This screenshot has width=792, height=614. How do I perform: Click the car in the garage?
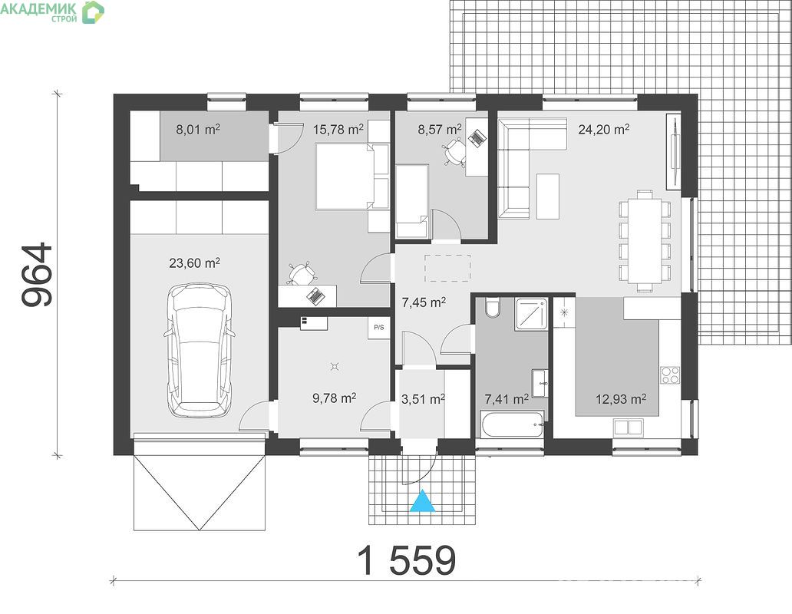[199, 351]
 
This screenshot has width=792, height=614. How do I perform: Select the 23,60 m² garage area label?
[194, 262]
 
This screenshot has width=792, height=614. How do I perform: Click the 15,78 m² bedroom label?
[338, 129]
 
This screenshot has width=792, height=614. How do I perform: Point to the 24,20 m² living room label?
[604, 129]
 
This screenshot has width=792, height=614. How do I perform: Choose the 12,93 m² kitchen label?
[621, 399]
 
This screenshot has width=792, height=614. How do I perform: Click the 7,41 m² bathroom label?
[507, 399]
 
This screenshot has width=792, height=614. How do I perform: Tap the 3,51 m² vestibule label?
[423, 399]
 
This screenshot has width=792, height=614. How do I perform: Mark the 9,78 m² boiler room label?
[335, 398]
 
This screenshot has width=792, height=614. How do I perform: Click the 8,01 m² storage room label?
[197, 129]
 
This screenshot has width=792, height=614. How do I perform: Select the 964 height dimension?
[37, 275]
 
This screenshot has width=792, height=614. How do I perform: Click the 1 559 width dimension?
[407, 560]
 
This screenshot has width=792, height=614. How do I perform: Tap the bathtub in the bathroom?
[512, 424]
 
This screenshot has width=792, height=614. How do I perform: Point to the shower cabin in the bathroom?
[531, 314]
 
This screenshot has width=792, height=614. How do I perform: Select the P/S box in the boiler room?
[379, 328]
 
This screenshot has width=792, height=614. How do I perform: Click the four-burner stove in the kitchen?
[671, 375]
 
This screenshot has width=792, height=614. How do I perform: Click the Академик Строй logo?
[51, 12]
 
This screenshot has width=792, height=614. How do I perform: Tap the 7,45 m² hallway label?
[424, 302]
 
